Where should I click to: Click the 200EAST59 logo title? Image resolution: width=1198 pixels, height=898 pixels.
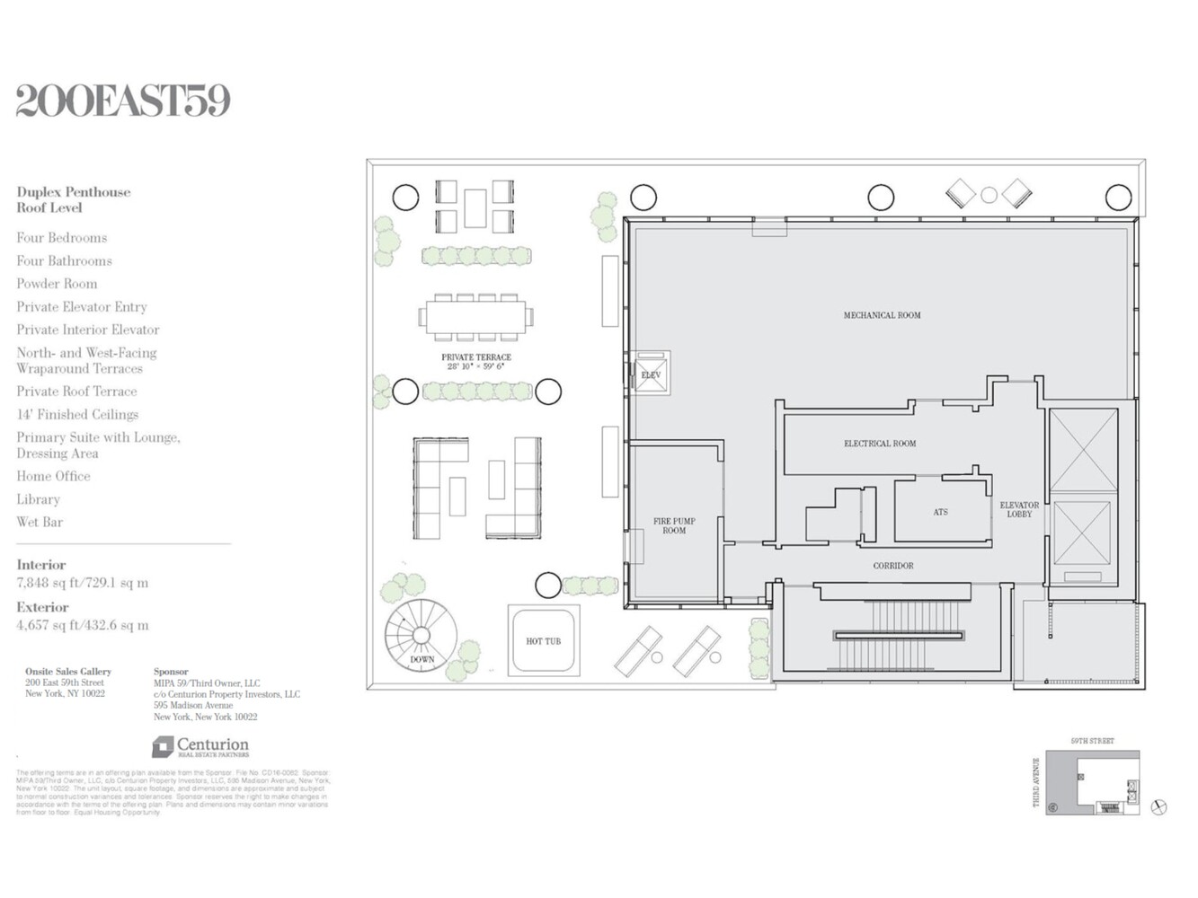[123, 101]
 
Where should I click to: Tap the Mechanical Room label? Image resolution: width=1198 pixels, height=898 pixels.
[882, 315]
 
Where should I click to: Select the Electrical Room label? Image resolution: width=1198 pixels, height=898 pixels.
[880, 444]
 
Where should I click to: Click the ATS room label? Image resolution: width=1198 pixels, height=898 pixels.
[940, 513]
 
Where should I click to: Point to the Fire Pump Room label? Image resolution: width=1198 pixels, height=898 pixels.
[674, 526]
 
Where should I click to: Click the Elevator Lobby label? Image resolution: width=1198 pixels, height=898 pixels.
[1019, 510]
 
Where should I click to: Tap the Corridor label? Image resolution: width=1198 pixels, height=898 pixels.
[893, 566]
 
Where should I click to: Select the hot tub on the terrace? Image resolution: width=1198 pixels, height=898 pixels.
[544, 641]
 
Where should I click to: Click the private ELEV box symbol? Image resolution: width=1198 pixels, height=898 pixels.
[651, 374]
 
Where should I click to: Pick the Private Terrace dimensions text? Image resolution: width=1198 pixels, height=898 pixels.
[476, 366]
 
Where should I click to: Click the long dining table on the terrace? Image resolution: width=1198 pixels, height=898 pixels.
[475, 317]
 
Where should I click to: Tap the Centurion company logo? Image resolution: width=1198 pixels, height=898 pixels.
[200, 747]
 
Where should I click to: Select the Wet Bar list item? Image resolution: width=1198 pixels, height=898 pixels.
[40, 522]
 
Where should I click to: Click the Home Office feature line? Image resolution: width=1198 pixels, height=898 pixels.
[53, 476]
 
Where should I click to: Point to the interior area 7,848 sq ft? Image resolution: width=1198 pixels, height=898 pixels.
[82, 583]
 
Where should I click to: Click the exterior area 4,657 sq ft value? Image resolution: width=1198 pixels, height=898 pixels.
[82, 626]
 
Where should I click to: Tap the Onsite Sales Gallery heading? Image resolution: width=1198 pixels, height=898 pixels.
[68, 672]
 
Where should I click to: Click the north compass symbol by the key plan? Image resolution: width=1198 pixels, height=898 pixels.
[1159, 807]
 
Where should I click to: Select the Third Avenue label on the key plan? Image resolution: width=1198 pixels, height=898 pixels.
[1036, 782]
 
